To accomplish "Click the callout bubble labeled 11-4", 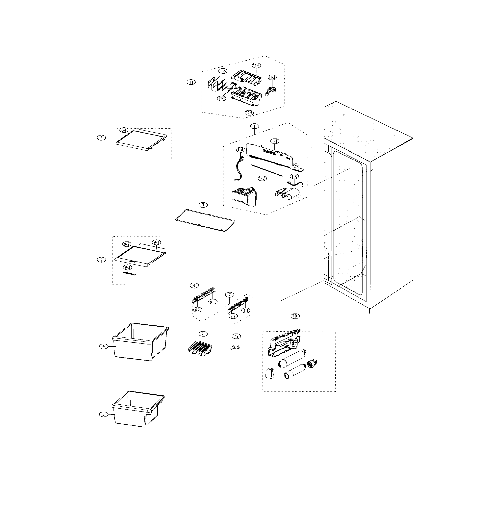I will [x=256, y=65].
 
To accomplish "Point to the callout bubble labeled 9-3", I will [x=127, y=268].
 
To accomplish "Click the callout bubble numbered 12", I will [x=236, y=336].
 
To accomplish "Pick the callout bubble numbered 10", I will [x=295, y=316].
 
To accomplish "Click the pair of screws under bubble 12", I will [x=235, y=348].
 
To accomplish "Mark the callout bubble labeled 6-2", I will [x=197, y=310].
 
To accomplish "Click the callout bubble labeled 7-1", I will [x=246, y=311].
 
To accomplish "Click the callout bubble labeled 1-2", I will [x=262, y=178].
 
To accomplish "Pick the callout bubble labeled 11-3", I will [x=249, y=113].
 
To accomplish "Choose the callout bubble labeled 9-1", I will [x=156, y=242].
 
